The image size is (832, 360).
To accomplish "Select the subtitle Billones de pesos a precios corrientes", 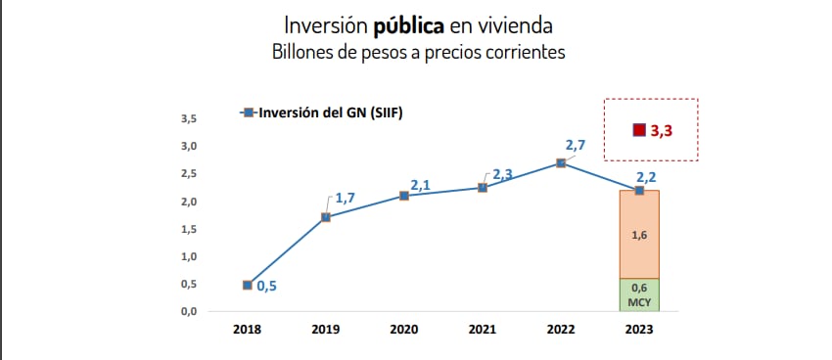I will (418, 53).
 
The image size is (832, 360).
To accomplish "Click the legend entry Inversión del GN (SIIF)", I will (328, 112).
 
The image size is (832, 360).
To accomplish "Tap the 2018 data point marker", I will (248, 285).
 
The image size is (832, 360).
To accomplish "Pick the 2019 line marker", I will (326, 216).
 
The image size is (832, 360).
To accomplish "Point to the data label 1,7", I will (345, 198).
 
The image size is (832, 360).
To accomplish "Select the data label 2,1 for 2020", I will (421, 184).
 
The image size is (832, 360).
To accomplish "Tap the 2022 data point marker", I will (561, 162).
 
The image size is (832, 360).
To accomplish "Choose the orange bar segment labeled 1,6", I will (639, 235).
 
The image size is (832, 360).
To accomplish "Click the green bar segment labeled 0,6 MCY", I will (639, 294).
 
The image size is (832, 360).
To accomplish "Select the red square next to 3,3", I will (639, 130).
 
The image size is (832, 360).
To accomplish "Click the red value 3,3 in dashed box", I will (661, 130).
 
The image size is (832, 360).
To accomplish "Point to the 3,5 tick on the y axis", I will (189, 119).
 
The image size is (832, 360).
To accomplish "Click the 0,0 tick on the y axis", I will (189, 311).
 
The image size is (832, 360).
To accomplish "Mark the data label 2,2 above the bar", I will (646, 176).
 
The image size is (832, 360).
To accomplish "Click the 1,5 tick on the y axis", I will (189, 229).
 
